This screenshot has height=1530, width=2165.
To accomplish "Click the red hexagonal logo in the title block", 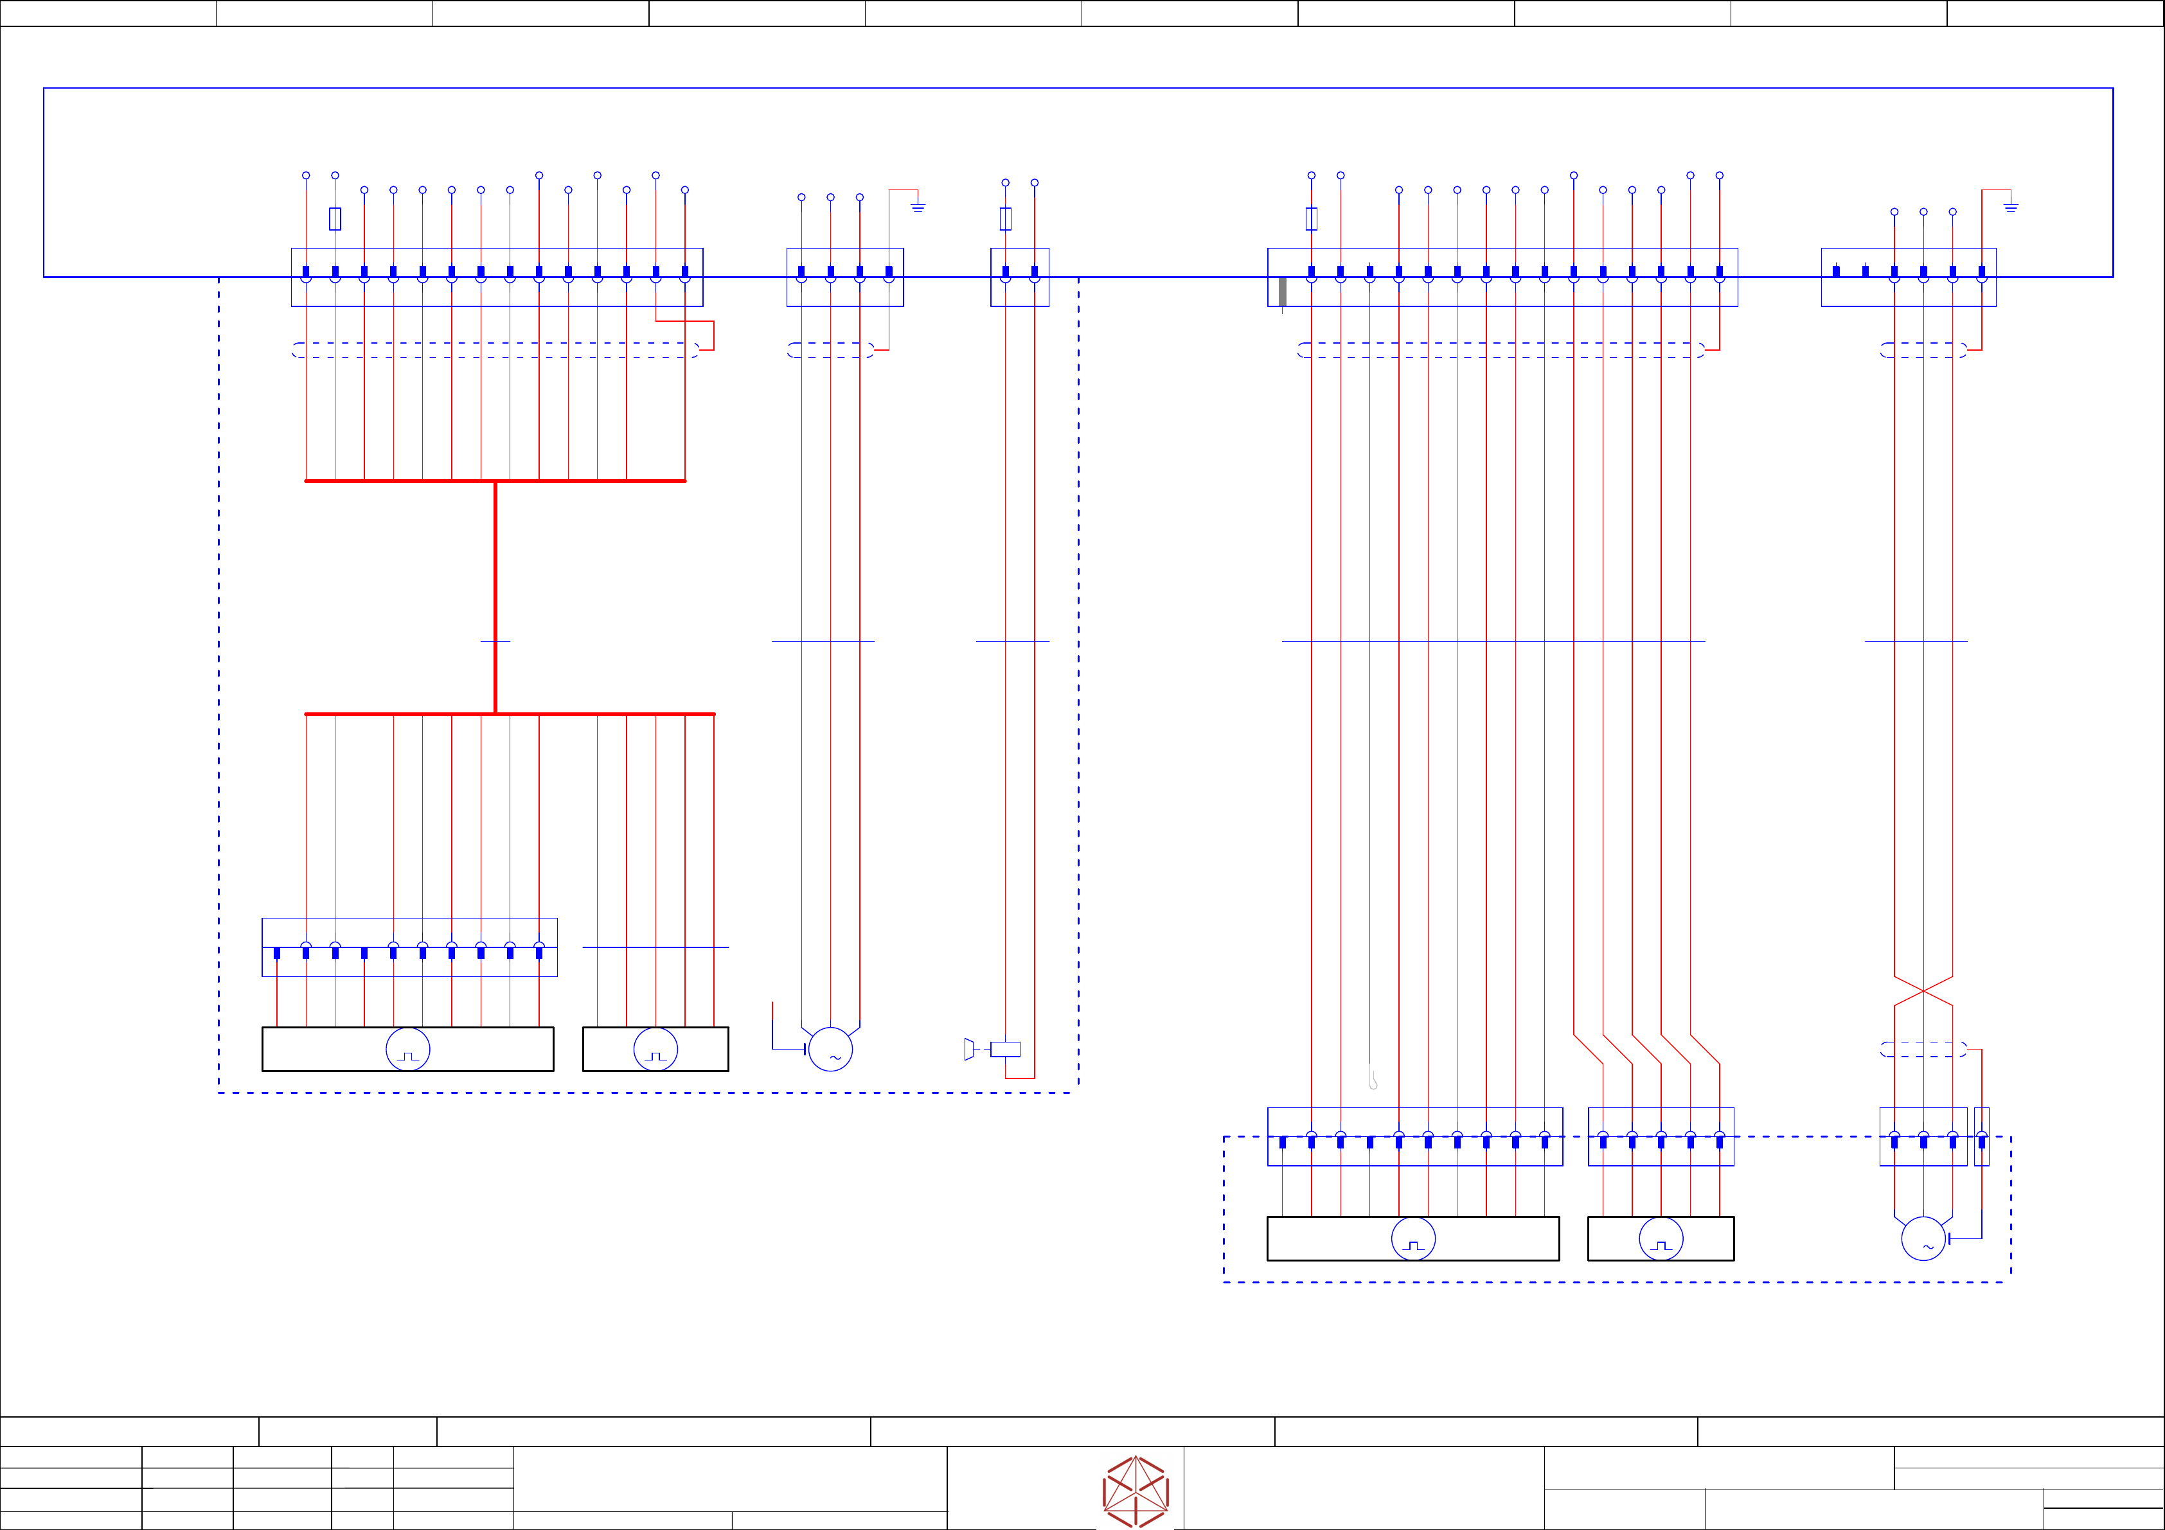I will click(x=1136, y=1491).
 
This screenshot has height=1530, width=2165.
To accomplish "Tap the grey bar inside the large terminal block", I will click(x=1283, y=292).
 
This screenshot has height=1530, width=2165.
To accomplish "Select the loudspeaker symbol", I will click(x=968, y=1049).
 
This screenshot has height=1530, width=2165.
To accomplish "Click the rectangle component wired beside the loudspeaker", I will click(x=1005, y=1049).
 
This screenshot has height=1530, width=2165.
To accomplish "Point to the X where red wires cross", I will click(x=1923, y=991).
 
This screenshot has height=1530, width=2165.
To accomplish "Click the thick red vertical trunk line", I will click(x=495, y=597).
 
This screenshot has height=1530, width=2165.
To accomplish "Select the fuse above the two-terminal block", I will click(x=1005, y=218).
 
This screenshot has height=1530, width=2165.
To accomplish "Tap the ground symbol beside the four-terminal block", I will click(x=918, y=206).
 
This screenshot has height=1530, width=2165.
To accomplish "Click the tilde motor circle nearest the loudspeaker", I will click(x=831, y=1049).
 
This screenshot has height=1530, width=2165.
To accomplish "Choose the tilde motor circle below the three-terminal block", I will click(x=1923, y=1238).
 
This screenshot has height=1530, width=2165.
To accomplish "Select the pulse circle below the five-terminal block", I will click(x=1661, y=1238).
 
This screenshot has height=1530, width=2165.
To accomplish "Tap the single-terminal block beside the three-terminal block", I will click(x=1982, y=1137).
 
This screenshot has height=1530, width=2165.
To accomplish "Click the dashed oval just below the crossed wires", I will click(x=1923, y=1049).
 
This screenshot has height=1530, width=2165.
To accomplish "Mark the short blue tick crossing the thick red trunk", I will click(x=495, y=641).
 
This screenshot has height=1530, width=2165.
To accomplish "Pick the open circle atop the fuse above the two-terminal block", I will click(x=1005, y=183).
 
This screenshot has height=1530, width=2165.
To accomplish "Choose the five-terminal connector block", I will click(x=1661, y=1137).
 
